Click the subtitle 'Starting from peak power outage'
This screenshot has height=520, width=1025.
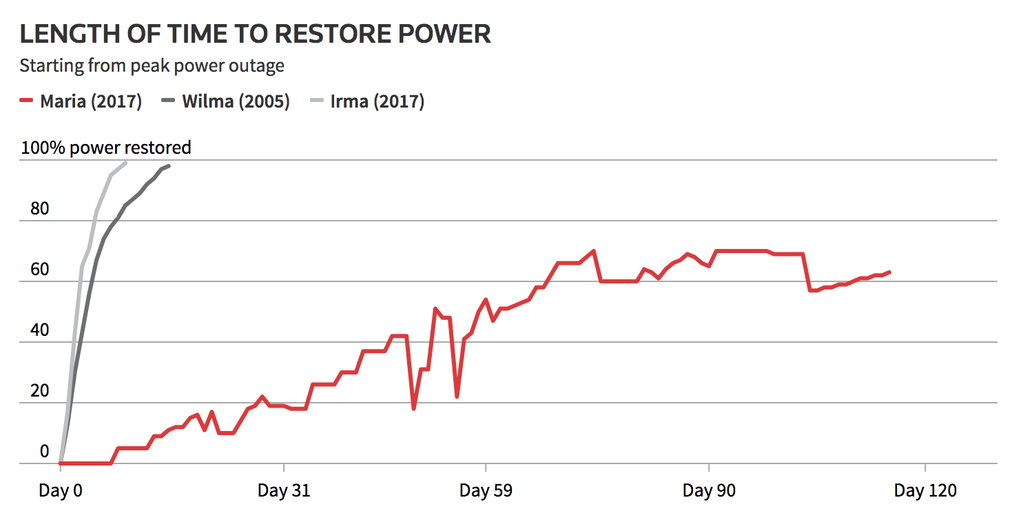coord(152,66)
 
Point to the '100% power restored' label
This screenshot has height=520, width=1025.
coord(106,148)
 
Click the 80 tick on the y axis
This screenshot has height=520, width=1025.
coord(40,209)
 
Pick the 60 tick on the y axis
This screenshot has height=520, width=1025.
coord(40,270)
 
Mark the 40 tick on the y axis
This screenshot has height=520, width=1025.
coord(40,330)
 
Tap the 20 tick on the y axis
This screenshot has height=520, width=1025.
coord(40,391)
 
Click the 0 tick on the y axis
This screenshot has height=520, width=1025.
coord(45,452)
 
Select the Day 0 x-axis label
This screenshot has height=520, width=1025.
coord(61,491)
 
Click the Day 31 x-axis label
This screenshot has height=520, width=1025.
coord(284,491)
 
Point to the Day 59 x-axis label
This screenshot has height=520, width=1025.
coord(486,491)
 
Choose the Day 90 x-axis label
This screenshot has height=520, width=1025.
coord(709,491)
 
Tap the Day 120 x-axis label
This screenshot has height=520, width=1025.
coord(925,491)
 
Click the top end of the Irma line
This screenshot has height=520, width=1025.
coord(125,163)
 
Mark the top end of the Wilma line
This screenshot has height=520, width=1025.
coord(169,166)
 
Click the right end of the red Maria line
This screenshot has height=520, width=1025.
coord(890,272)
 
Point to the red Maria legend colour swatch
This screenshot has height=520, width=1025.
coord(26,102)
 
